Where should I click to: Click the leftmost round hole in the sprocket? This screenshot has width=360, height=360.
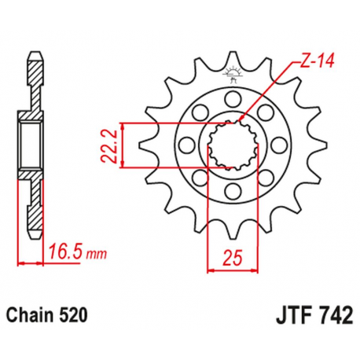pos(186,145)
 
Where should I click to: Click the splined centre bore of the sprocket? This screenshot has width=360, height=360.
pos(231,145)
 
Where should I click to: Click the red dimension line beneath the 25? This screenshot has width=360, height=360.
pos(231,270)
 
